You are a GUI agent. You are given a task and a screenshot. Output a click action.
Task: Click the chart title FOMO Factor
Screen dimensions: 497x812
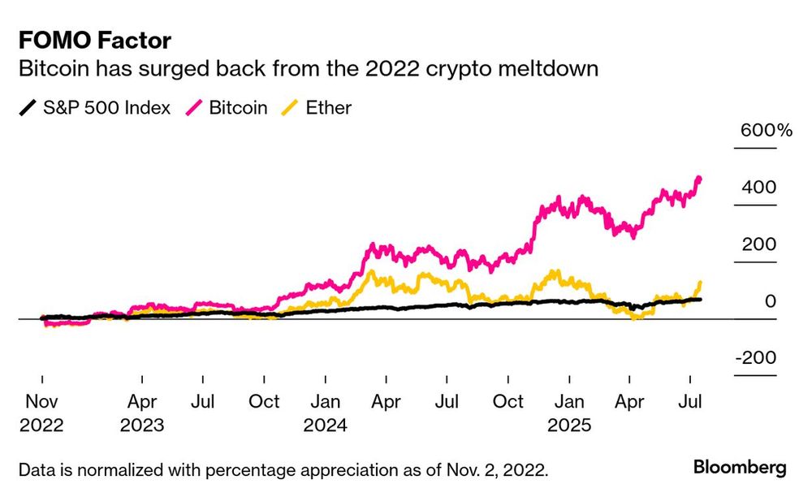(94, 40)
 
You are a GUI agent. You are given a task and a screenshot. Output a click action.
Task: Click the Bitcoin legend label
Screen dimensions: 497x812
(238, 107)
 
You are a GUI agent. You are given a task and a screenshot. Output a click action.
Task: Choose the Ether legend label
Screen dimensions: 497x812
(328, 107)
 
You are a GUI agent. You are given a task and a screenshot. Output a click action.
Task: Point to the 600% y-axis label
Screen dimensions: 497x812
(764, 131)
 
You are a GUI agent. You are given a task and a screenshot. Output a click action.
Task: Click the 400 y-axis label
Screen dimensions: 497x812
(758, 188)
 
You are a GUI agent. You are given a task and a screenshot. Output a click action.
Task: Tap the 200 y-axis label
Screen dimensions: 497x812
(758, 244)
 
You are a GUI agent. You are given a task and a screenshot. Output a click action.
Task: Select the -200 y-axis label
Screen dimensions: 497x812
(754, 359)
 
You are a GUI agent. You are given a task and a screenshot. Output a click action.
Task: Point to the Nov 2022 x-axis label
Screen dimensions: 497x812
(41, 413)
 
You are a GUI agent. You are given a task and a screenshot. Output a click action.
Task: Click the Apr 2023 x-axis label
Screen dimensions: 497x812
(142, 413)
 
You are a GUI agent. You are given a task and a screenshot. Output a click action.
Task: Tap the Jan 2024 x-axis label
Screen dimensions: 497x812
(326, 413)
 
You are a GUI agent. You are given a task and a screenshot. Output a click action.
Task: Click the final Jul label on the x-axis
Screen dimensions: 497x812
(690, 401)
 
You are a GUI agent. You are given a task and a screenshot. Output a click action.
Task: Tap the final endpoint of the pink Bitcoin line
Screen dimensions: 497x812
(700, 179)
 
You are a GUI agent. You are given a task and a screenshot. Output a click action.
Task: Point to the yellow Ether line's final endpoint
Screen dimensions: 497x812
(700, 282)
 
